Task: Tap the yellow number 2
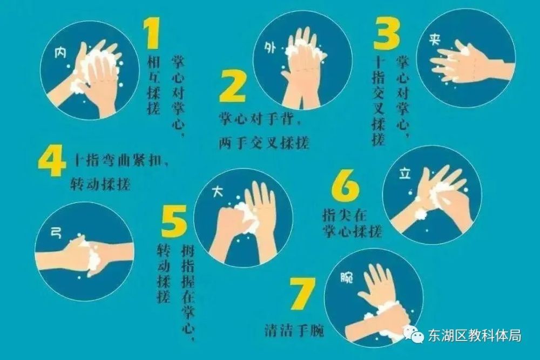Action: tap(233, 86)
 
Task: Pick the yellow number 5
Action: tap(174, 220)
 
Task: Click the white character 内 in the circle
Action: tap(60, 53)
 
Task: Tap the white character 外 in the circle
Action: tap(271, 48)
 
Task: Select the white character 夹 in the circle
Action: tap(435, 39)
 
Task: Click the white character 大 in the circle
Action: tap(217, 192)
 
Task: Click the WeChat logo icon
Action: tap(414, 334)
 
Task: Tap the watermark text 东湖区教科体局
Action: tap(475, 335)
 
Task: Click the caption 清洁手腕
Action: tap(294, 331)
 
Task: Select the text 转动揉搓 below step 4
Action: tap(100, 185)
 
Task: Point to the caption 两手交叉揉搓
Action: tap(264, 142)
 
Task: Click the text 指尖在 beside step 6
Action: tap(345, 215)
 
